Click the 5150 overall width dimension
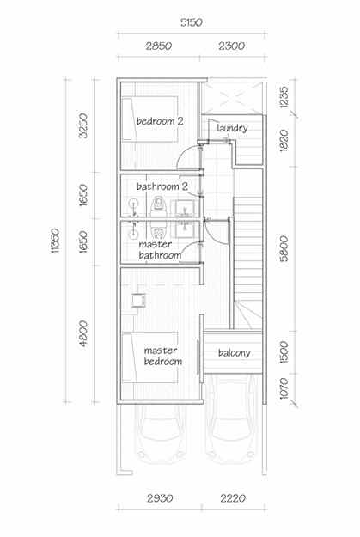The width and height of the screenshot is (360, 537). click(x=192, y=22)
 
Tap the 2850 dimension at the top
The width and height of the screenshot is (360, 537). click(x=159, y=46)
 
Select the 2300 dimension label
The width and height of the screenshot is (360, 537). click(x=231, y=46)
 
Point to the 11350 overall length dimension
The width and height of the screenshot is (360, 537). click(x=55, y=241)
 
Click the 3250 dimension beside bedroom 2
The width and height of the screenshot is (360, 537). click(x=82, y=125)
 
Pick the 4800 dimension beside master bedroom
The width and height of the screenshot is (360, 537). click(x=82, y=333)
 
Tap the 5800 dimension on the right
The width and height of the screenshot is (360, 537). click(x=284, y=248)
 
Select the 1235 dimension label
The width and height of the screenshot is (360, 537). click(x=284, y=97)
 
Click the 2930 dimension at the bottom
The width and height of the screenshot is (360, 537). click(x=160, y=498)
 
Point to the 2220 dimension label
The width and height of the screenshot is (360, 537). click(x=233, y=498)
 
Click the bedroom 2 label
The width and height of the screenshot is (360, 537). click(x=160, y=121)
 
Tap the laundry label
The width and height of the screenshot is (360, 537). click(x=232, y=128)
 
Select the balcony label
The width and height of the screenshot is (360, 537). click(x=235, y=353)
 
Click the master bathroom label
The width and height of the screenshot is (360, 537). click(x=160, y=250)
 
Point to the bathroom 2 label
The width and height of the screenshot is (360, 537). click(x=162, y=186)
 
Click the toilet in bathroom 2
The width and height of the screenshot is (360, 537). click(x=158, y=206)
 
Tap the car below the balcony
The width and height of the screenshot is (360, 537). click(x=232, y=418)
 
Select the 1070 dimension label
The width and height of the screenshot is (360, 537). click(x=284, y=388)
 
